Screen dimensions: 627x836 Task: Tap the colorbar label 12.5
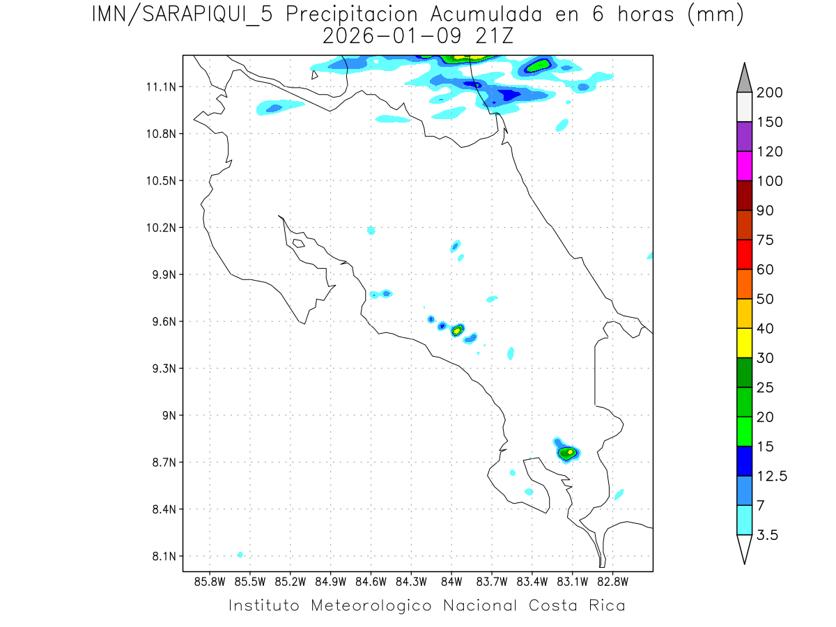773,476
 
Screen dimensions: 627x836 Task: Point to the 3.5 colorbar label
768,535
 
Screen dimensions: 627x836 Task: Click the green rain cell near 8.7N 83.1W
568,453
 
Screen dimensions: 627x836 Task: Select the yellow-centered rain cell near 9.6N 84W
457,330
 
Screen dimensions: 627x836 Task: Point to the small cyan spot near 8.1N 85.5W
240,555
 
